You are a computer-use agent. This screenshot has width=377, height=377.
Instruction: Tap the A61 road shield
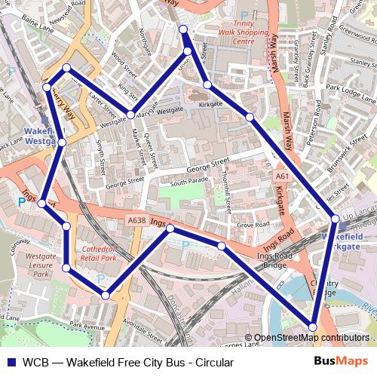[282, 176]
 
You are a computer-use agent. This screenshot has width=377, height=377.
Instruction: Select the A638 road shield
[136, 220]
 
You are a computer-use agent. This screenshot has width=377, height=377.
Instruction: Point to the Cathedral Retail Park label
[100, 253]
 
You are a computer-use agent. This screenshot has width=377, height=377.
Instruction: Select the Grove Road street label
[253, 225]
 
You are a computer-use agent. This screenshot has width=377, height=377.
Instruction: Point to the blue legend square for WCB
[10, 362]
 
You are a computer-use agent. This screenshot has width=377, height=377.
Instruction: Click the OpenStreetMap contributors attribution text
[311, 338]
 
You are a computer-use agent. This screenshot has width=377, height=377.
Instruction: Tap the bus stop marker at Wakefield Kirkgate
[335, 219]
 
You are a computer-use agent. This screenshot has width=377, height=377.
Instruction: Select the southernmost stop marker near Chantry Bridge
[312, 326]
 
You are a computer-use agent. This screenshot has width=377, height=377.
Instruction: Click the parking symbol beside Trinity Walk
[243, 14]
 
